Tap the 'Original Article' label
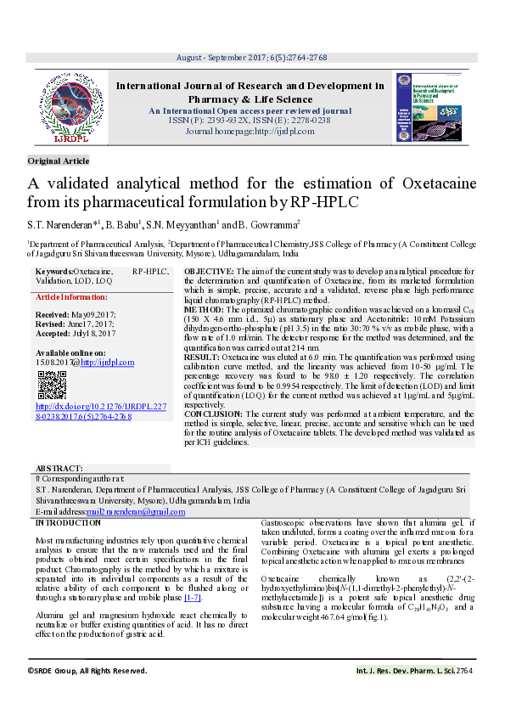coord(58,160)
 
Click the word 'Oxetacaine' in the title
coord(439,183)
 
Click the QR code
coord(51,386)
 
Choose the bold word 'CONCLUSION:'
coord(209,413)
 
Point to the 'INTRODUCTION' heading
coord(67,523)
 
